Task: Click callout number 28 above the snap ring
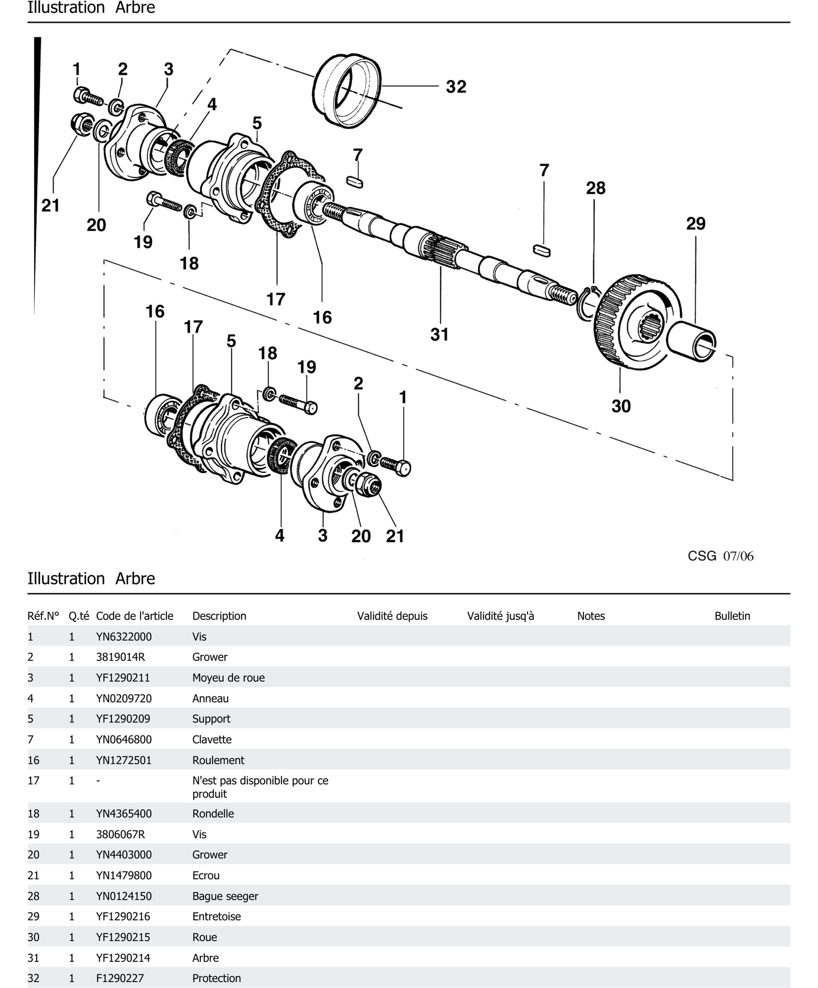pyautogui.click(x=595, y=188)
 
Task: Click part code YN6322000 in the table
pyautogui.click(x=124, y=637)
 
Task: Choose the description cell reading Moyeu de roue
pyautogui.click(x=228, y=677)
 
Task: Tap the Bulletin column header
pyautogui.click(x=732, y=616)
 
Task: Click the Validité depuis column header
pyautogui.click(x=392, y=616)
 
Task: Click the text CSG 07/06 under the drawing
pyautogui.click(x=720, y=556)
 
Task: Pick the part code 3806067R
pyautogui.click(x=120, y=834)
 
